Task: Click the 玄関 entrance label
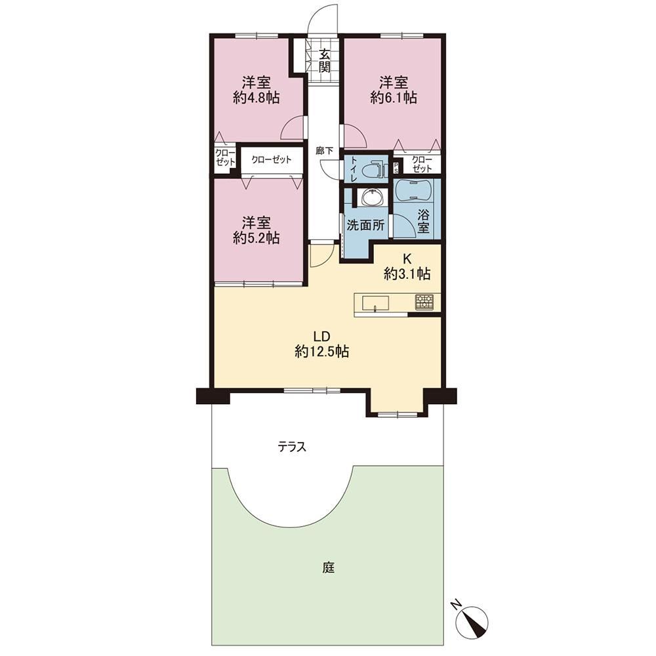click(325, 60)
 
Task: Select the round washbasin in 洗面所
click(371, 197)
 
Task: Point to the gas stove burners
click(424, 302)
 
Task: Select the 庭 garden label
click(329, 567)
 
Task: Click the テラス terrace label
click(292, 447)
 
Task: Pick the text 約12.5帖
click(321, 352)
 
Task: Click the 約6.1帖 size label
click(393, 98)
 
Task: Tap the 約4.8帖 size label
click(256, 98)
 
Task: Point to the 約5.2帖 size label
click(256, 238)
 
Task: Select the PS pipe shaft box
click(396, 167)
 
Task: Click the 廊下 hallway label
click(324, 151)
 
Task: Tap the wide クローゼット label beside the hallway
click(271, 160)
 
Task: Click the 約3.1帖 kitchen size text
click(407, 274)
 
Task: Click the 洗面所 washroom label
click(365, 226)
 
